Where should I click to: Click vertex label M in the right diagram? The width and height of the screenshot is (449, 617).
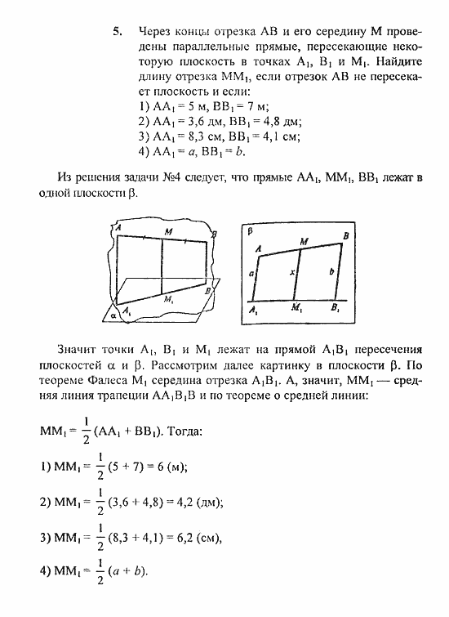point(304,240)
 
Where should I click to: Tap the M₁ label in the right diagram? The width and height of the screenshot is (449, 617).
point(296,309)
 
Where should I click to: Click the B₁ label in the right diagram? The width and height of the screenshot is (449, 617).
point(336,309)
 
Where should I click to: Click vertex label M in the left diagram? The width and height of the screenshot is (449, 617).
point(167,232)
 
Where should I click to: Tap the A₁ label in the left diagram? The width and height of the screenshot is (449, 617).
point(127,311)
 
